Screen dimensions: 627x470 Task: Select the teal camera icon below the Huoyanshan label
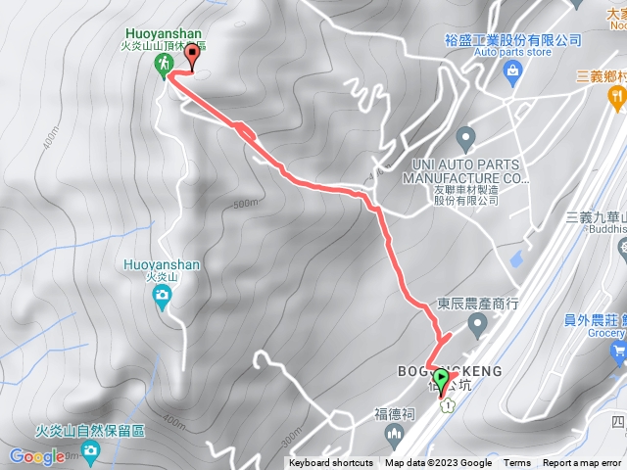coord(163,303)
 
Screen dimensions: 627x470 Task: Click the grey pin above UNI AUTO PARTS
coord(466,135)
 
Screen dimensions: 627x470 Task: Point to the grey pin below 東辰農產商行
coord(477,322)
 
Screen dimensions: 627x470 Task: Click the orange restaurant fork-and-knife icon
coord(616,96)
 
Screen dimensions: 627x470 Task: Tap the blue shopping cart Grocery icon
coord(617,350)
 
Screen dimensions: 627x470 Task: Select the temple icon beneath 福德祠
coord(395,434)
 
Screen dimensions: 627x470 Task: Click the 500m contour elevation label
coord(245,204)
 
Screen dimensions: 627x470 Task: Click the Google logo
coord(37,456)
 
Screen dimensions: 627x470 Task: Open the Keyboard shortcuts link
coord(332,463)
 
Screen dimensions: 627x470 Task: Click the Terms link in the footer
coord(517,463)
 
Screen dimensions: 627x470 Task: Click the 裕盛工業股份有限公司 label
coord(506,40)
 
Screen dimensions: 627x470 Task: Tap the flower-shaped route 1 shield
coord(447,404)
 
